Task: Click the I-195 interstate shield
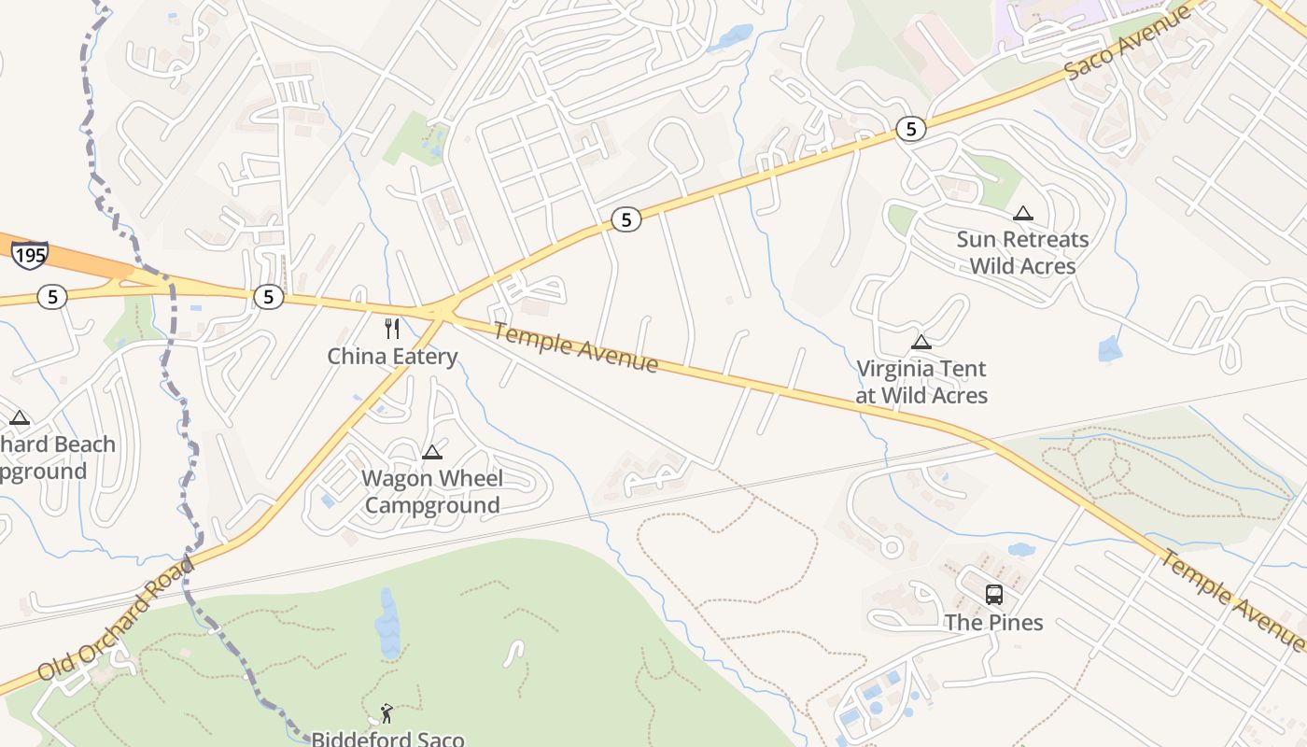pos(30,254)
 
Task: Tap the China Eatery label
pos(392,356)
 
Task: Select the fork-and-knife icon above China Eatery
pos(392,329)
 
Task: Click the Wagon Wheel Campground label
pos(432,492)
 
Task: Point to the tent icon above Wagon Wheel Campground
pos(431,453)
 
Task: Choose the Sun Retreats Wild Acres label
pos(1022,252)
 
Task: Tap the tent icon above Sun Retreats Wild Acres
pos(1023,213)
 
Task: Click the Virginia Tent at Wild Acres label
pos(921,382)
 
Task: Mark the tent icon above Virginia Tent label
pos(921,342)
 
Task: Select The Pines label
pos(993,623)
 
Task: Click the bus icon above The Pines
pos(994,594)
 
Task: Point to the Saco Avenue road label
pos(1128,42)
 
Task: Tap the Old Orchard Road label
pos(117,619)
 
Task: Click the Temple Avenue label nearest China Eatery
pos(576,347)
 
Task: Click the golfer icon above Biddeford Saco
pos(386,714)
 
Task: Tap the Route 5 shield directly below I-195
pos(52,297)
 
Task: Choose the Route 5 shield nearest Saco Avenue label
pos(910,129)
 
